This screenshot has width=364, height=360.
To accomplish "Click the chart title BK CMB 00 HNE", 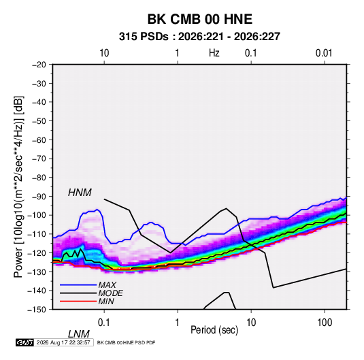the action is (x=200, y=19).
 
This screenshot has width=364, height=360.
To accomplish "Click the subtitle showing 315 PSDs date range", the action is (x=199, y=37).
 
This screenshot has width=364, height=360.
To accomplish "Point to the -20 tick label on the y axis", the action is (x=39, y=65).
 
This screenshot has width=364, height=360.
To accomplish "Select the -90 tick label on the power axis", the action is (x=39, y=196).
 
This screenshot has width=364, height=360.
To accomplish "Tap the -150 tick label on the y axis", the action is (x=37, y=310).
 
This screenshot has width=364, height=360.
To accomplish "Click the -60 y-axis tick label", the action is (x=39, y=140).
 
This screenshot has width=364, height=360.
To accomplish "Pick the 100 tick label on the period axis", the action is (x=325, y=322).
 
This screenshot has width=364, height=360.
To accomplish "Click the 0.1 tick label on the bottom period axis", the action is (x=104, y=322).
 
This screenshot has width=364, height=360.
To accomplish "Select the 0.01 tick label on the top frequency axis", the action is (x=324, y=53).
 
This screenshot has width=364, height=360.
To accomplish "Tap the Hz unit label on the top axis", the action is (x=214, y=53).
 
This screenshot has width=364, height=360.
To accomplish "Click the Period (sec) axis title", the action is (x=214, y=329).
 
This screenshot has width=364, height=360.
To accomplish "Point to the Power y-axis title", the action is (x=18, y=186).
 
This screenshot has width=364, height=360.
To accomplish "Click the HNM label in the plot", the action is (x=80, y=193).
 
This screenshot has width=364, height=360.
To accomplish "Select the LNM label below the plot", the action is (x=78, y=334).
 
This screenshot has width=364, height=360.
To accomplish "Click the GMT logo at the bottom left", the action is (x=25, y=342).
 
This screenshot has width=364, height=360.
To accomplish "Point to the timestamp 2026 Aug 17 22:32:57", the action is (x=63, y=342).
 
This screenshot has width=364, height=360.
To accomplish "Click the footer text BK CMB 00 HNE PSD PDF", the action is (x=126, y=342).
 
